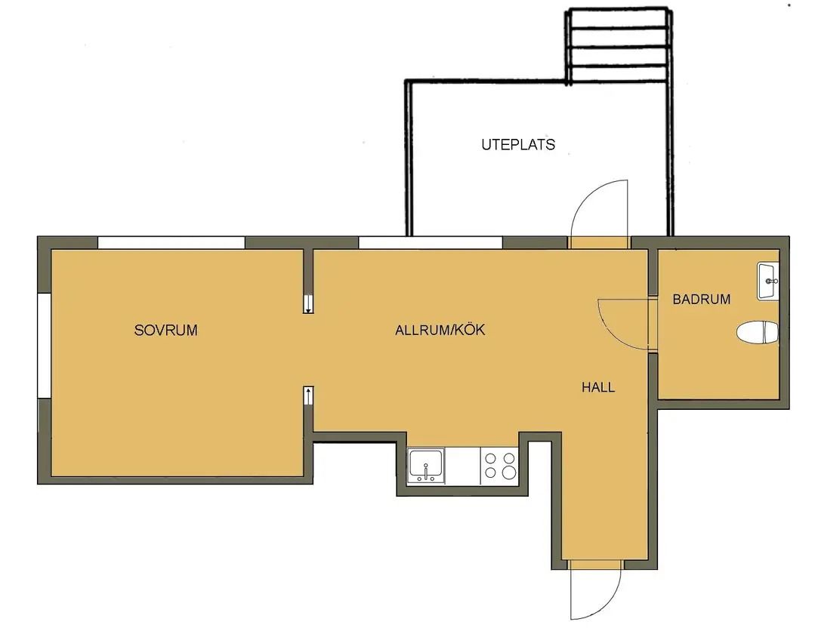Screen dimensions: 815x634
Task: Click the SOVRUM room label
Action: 166,331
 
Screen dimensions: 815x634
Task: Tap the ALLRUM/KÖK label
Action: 440,330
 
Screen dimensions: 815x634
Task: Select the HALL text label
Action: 598,387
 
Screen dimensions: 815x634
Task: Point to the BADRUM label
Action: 701,299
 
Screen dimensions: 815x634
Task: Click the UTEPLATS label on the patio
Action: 517,144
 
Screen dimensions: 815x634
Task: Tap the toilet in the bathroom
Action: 758,332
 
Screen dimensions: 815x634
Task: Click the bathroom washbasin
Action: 767,280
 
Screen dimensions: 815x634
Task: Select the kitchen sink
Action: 426,466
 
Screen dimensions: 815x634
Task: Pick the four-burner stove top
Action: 499,466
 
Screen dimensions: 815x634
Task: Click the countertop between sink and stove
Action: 462,466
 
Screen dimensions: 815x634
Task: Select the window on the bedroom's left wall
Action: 44,346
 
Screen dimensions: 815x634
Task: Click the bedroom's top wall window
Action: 171,242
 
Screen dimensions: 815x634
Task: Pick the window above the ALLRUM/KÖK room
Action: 431,242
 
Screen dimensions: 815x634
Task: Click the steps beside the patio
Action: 618,46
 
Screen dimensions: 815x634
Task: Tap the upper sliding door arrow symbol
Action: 308,303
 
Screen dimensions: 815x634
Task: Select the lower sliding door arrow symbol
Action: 308,395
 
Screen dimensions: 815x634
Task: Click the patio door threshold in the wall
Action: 599,242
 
